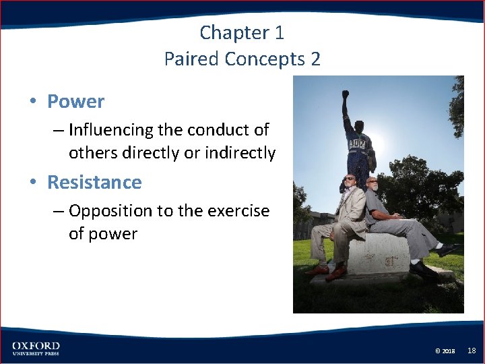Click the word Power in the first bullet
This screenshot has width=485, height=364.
[x=75, y=102]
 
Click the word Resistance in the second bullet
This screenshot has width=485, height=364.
[x=94, y=182]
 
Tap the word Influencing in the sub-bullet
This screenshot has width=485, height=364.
[x=112, y=129]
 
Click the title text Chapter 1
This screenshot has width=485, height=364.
[x=243, y=32]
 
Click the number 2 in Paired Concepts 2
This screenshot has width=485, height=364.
[x=315, y=59]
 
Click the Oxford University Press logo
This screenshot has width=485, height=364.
[x=36, y=348]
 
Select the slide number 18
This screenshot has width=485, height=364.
[x=472, y=351]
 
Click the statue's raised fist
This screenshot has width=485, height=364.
[x=346, y=95]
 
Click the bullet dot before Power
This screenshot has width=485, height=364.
[x=32, y=102]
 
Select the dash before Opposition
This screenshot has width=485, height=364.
[x=58, y=211]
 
